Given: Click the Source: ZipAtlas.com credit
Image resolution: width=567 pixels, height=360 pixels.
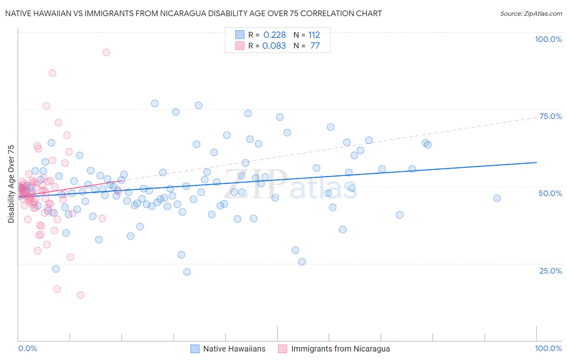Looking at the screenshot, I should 531,13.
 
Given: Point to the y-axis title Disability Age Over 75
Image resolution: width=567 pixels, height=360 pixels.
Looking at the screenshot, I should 11,184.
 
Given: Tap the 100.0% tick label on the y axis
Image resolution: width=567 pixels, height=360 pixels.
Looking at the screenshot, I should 548,39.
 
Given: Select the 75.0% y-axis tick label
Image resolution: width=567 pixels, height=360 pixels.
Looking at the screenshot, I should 550,116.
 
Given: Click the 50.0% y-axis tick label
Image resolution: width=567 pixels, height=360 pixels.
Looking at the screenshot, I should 550,193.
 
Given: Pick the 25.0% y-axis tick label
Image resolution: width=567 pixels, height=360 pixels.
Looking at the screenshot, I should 550,271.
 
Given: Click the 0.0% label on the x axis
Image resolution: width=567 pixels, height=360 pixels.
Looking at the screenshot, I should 27,348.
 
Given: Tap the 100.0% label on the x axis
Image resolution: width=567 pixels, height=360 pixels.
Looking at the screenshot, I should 548,348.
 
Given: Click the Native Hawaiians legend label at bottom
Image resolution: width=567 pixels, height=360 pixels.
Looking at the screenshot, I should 234,349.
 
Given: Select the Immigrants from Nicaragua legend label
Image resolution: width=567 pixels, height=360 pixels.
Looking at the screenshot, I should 340,349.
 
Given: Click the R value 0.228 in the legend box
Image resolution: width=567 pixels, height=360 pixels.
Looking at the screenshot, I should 275,35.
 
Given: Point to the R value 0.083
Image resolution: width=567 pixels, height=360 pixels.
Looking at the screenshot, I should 274,46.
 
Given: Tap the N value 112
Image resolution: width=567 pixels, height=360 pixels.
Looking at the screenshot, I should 314,35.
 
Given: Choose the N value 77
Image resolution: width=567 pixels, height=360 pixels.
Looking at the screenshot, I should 315,46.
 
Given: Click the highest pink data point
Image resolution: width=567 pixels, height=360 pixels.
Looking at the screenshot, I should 106,52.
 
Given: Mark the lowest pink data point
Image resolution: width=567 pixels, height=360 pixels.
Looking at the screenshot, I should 81,295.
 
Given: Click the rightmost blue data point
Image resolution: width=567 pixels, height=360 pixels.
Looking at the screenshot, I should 497,198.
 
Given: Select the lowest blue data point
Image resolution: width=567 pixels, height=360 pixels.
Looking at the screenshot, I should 187,272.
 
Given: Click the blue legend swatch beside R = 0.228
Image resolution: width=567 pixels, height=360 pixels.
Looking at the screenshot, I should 240,35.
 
